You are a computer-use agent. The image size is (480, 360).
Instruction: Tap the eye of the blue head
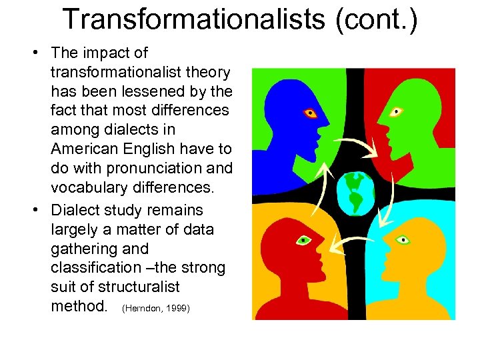[309, 113]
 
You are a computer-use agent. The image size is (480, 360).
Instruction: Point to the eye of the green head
[397, 111]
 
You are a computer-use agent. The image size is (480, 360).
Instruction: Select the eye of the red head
[304, 239]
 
